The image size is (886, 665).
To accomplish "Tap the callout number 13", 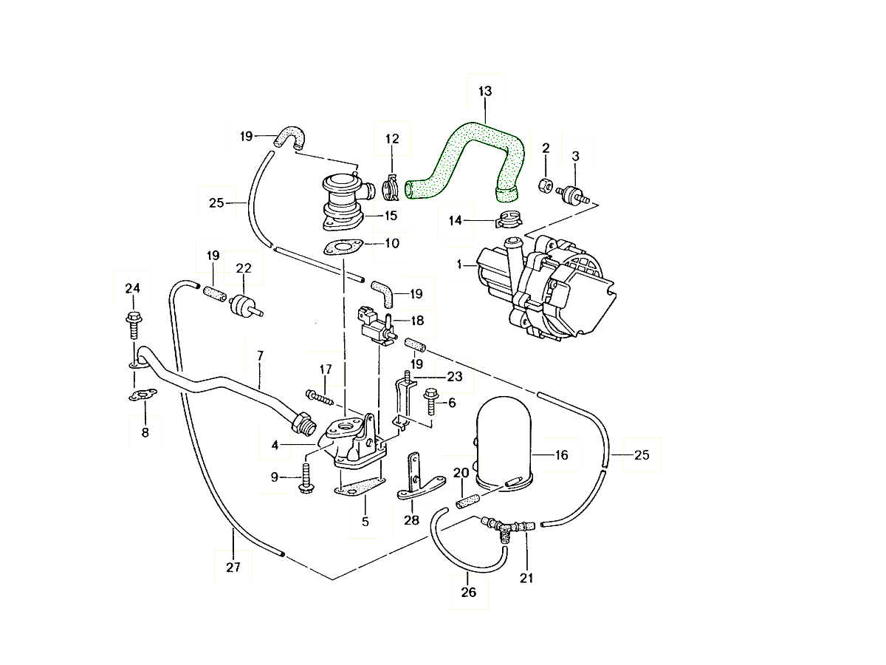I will coord(484,92).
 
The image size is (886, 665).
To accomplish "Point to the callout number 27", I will coord(233,568).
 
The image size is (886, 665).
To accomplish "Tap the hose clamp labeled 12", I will coord(393,188).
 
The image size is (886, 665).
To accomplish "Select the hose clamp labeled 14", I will coord(509,219).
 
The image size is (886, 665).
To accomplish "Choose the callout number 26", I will coord(469,592).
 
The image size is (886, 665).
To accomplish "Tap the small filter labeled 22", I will coord(242,305).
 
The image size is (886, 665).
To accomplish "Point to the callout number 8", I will coord(145,432).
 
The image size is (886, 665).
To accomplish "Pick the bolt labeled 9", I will coord(305,477).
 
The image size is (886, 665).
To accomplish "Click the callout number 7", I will coord(260,356).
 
